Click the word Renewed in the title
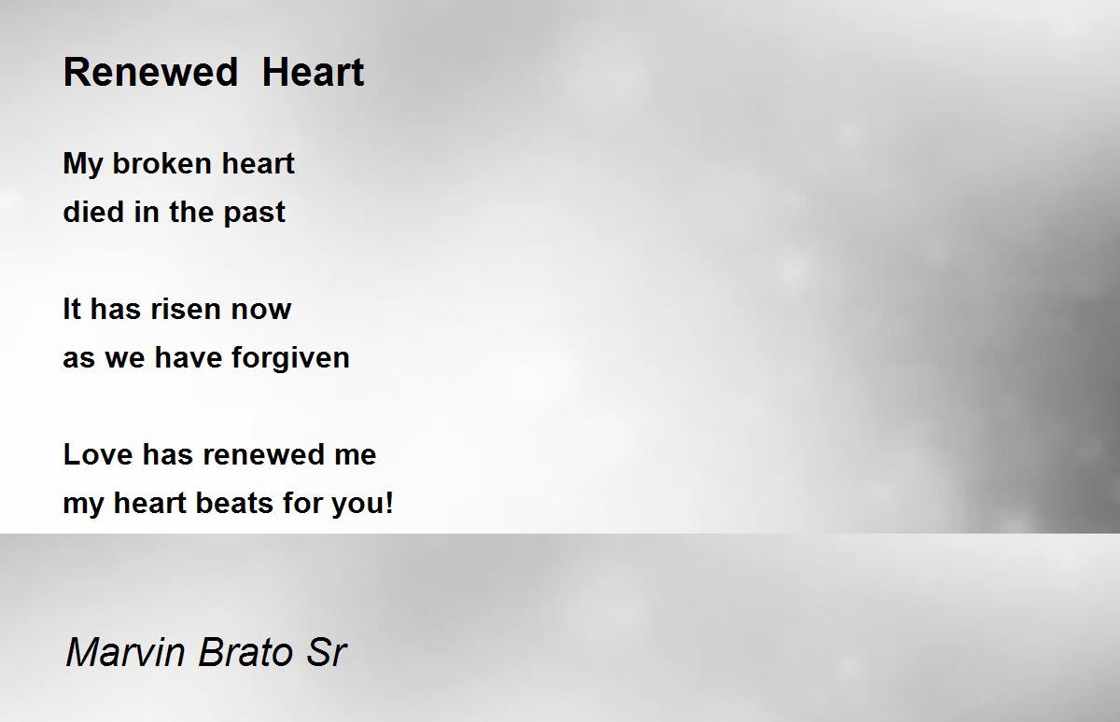(x=150, y=72)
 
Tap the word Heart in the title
(x=313, y=72)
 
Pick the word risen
(x=186, y=309)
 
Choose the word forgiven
(x=290, y=359)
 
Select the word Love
(x=98, y=454)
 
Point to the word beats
(x=234, y=502)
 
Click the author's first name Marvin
(x=125, y=651)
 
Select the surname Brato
(x=245, y=651)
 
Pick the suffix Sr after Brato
(x=326, y=651)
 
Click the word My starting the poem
(x=81, y=164)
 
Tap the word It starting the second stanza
(x=72, y=309)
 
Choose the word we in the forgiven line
(x=124, y=360)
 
